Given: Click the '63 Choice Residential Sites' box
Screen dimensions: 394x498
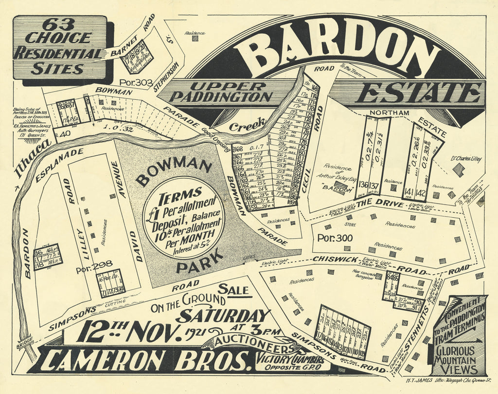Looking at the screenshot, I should pyautogui.click(x=59, y=48).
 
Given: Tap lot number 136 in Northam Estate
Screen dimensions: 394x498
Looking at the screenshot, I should pyautogui.click(x=362, y=185).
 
